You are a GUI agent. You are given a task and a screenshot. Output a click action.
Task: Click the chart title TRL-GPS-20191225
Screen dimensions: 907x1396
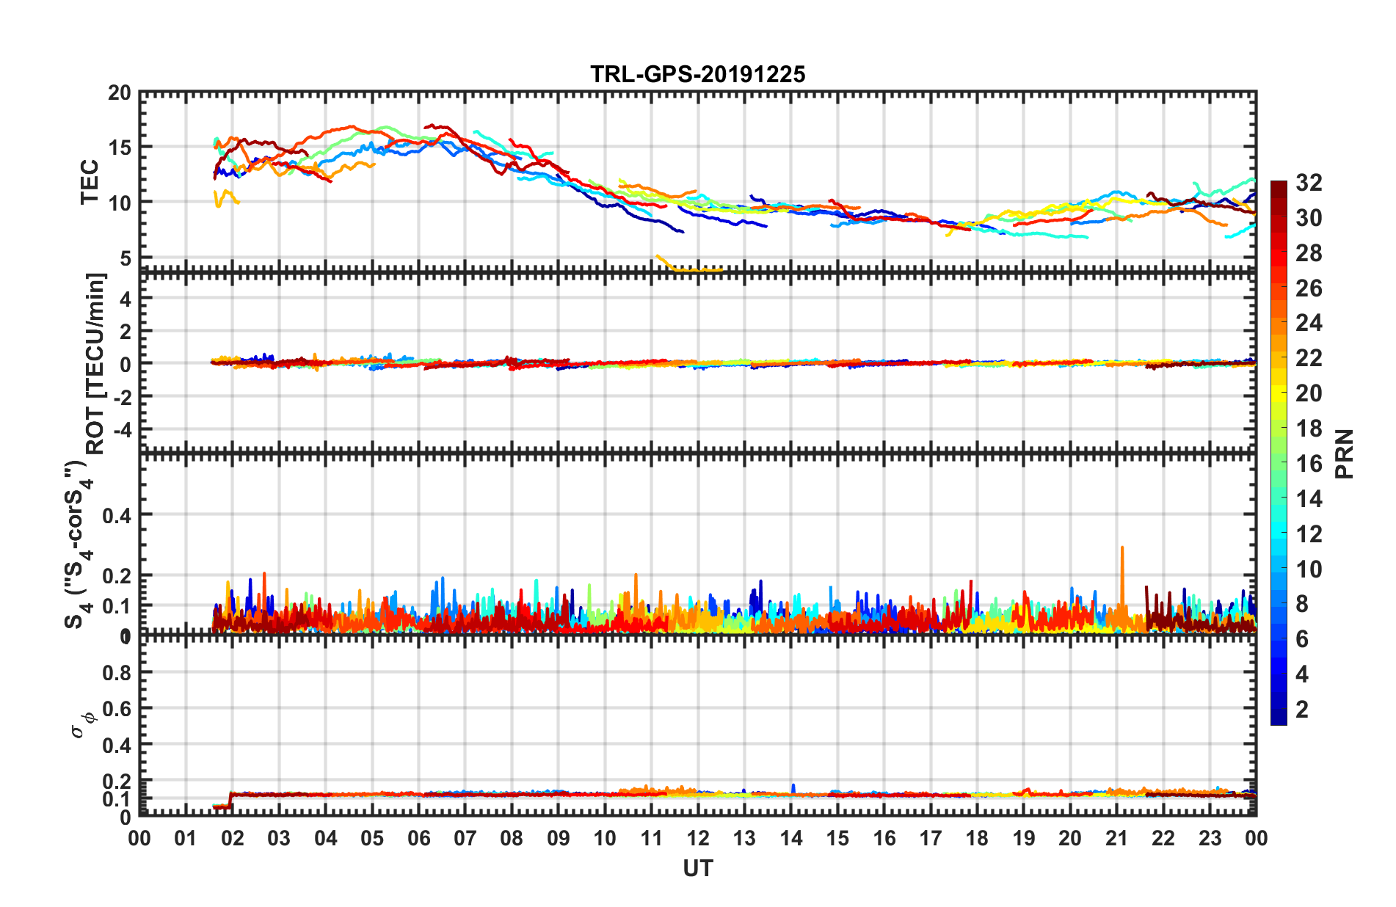pyautogui.click(x=697, y=74)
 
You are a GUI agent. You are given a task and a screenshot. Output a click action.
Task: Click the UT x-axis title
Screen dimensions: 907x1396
pyautogui.click(x=697, y=869)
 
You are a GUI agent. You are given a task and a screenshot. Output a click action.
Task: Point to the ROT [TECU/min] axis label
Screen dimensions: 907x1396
pyautogui.click(x=96, y=363)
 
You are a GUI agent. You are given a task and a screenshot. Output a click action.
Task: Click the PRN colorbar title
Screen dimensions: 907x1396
pyautogui.click(x=1345, y=453)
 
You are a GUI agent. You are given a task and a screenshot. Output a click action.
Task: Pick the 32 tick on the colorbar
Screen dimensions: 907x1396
pyautogui.click(x=1309, y=183)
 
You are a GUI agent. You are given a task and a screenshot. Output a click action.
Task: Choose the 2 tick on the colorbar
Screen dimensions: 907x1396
pyautogui.click(x=1302, y=709)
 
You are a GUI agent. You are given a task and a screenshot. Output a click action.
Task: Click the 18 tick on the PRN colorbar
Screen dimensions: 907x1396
pyautogui.click(x=1309, y=429)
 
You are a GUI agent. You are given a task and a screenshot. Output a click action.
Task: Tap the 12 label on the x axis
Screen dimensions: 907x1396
pyautogui.click(x=698, y=839)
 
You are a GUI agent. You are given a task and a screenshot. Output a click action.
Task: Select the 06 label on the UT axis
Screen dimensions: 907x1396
pyautogui.click(x=419, y=839)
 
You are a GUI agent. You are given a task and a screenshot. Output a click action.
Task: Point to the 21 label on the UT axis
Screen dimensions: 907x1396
pyautogui.click(x=1116, y=839)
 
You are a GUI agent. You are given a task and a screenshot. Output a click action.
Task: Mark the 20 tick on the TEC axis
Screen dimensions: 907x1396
pyautogui.click(x=120, y=93)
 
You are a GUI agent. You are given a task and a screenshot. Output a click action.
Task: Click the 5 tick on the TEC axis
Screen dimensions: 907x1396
pyautogui.click(x=125, y=258)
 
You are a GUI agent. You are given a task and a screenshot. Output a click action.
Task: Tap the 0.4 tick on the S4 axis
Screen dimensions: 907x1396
pyautogui.click(x=117, y=515)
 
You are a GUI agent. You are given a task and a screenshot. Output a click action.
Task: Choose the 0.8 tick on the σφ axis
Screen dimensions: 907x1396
pyautogui.click(x=117, y=672)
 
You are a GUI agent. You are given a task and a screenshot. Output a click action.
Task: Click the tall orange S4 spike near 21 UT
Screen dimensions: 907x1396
pyautogui.click(x=1122, y=548)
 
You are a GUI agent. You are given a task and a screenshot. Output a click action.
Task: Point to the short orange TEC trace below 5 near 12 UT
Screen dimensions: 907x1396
pyautogui.click(x=690, y=269)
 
